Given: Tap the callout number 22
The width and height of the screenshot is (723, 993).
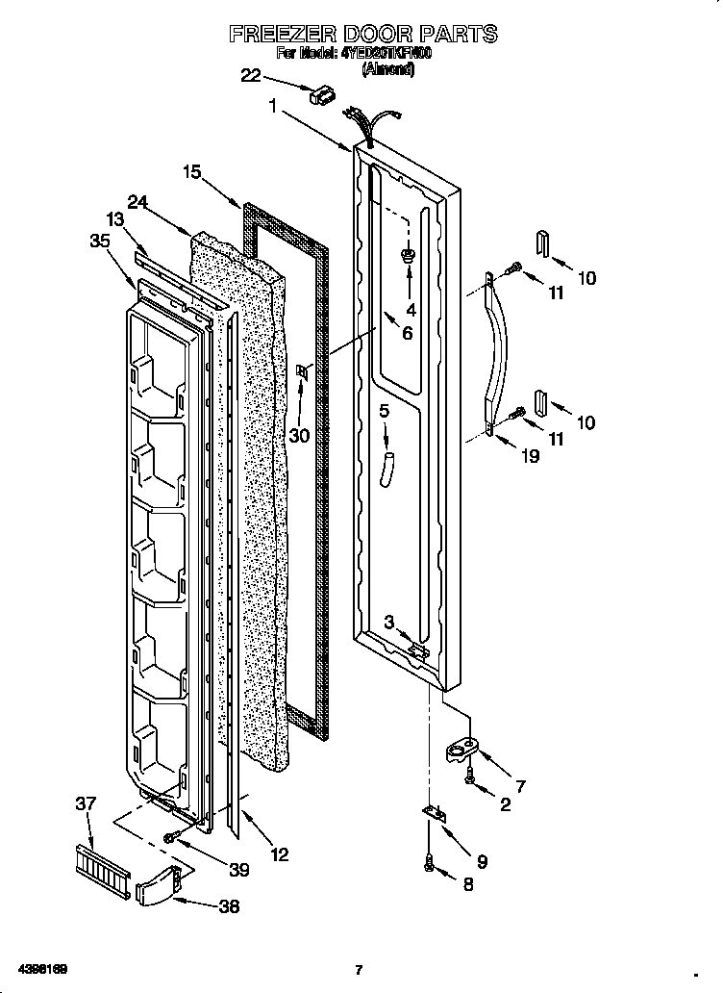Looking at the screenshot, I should pyautogui.click(x=250, y=76).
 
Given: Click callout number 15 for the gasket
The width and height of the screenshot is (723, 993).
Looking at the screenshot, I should pyautogui.click(x=192, y=172).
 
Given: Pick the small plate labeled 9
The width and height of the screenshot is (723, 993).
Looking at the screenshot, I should pyautogui.click(x=436, y=814).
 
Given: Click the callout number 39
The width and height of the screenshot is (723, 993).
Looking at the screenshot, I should pyautogui.click(x=238, y=870).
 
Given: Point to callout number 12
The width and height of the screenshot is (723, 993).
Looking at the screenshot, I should pyautogui.click(x=279, y=853).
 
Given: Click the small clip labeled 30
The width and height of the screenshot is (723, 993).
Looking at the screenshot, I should pyautogui.click(x=303, y=372).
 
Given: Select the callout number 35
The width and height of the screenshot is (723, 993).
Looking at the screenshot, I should pyautogui.click(x=99, y=242).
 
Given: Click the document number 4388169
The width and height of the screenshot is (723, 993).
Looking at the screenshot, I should pyautogui.click(x=40, y=969).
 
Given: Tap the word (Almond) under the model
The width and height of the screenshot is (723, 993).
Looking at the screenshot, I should pyautogui.click(x=387, y=69).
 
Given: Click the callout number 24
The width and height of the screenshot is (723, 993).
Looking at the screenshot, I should pyautogui.click(x=137, y=202).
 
